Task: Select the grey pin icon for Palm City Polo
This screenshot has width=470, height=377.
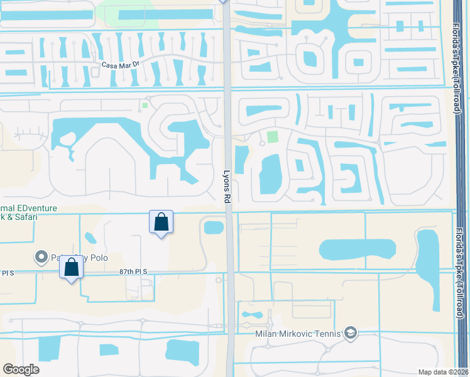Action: pyautogui.click(x=41, y=256)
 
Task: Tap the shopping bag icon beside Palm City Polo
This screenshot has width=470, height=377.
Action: pyautogui.click(x=72, y=267)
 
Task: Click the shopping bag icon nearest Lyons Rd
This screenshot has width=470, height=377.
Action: pyautogui.click(x=161, y=222)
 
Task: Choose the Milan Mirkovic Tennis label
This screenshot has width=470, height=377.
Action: pyautogui.click(x=297, y=333)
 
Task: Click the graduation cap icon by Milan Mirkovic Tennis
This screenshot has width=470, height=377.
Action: pyautogui.click(x=351, y=333)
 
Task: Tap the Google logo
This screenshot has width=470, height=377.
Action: pyautogui.click(x=21, y=369)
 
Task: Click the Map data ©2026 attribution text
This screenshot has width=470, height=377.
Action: pyautogui.click(x=442, y=372)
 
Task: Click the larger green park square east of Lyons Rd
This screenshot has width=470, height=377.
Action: pyautogui.click(x=272, y=136)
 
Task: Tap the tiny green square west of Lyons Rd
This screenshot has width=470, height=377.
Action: pyautogui.click(x=145, y=105)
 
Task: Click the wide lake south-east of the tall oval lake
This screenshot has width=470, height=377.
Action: pyautogui.click(x=358, y=249)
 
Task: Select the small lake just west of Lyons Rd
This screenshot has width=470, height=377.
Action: pyautogui.click(x=214, y=226)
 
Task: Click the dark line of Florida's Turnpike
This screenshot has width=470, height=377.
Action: pyautogui.click(x=462, y=188)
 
